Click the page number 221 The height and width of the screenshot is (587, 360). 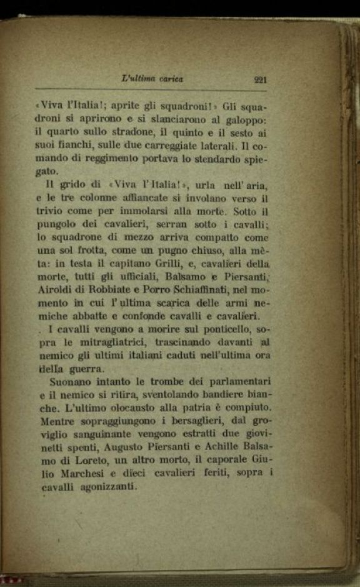[261, 79]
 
